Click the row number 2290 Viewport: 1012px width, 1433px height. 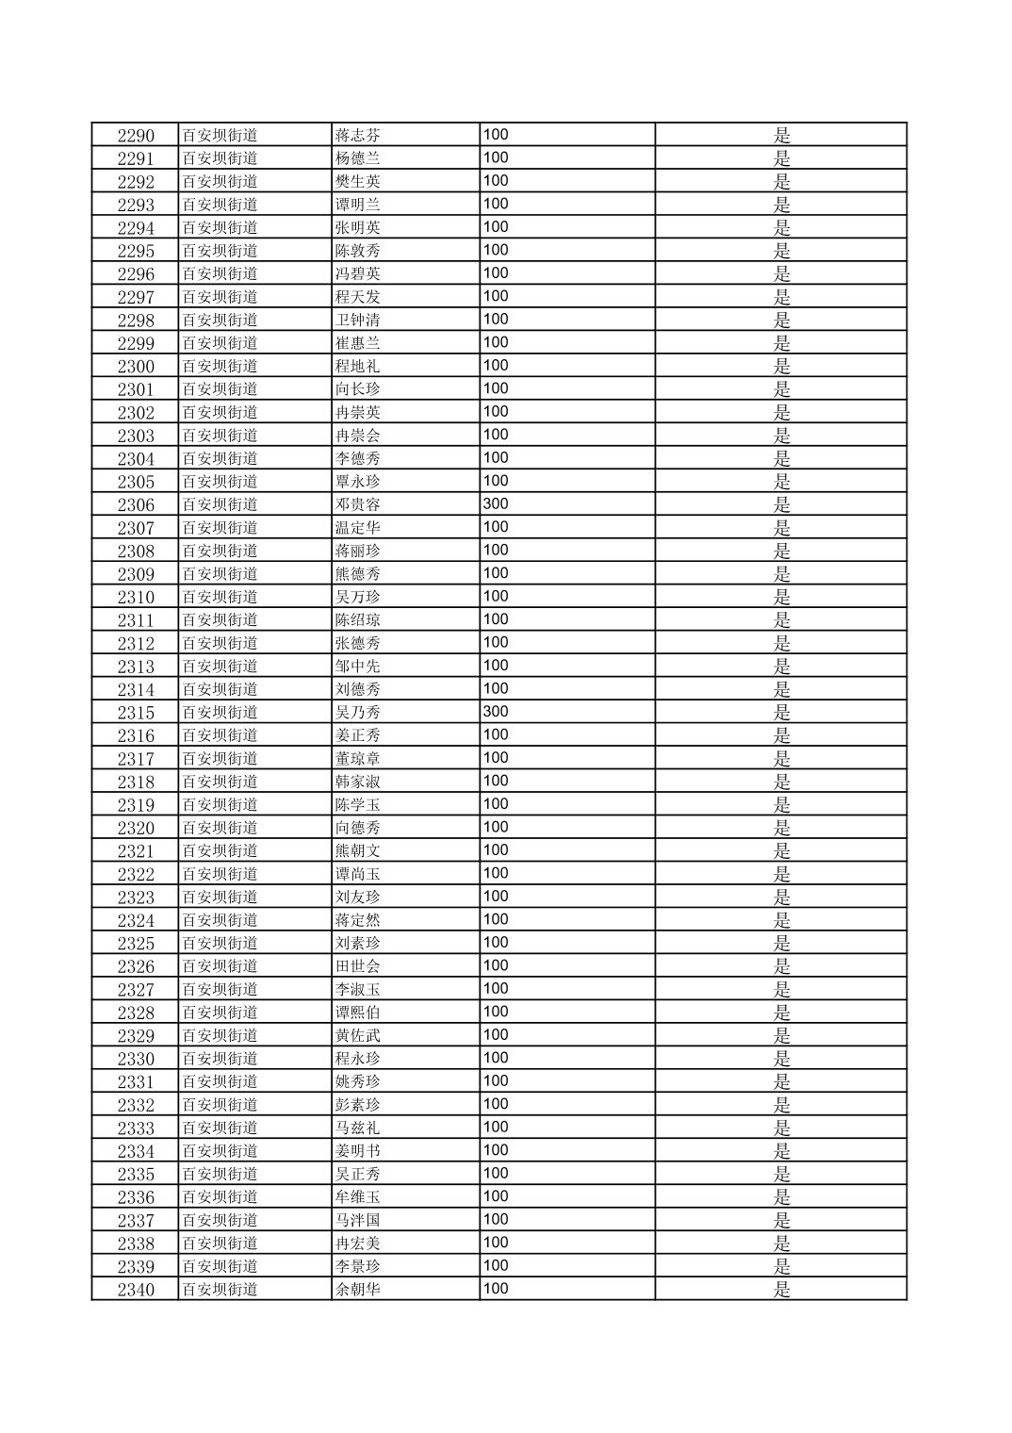point(136,135)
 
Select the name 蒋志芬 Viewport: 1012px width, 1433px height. point(358,135)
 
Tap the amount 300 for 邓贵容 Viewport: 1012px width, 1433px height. point(496,503)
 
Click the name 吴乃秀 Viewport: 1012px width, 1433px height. point(358,712)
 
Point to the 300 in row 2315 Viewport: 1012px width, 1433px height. point(496,712)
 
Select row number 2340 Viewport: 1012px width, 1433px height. point(136,1290)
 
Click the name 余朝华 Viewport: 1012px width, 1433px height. point(358,1290)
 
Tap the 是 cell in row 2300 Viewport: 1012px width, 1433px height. point(781,366)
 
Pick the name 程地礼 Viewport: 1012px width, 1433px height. point(358,366)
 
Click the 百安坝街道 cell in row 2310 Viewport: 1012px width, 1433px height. point(220,597)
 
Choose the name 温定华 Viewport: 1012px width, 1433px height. point(358,527)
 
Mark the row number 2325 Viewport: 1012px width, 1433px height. point(136,943)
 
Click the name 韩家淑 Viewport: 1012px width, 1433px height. point(358,782)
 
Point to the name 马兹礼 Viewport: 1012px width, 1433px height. point(358,1128)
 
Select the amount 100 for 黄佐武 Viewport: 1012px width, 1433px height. point(496,1034)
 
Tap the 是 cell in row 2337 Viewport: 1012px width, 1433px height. point(781,1220)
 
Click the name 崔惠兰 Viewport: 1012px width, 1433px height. point(358,342)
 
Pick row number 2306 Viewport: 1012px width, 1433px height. point(136,504)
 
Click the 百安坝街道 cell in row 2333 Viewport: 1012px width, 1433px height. point(220,1128)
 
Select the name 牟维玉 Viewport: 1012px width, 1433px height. point(358,1197)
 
